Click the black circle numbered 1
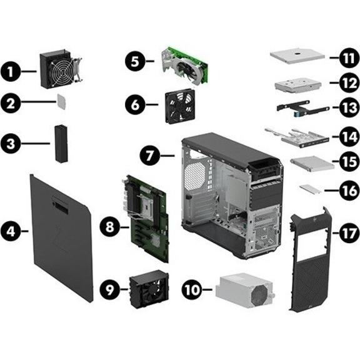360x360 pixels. click(x=11, y=72)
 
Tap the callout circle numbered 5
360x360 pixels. click(x=135, y=61)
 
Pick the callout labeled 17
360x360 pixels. click(x=349, y=234)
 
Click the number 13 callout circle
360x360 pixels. click(x=349, y=107)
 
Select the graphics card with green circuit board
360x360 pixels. click(x=185, y=67)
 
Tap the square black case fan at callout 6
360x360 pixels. click(x=180, y=106)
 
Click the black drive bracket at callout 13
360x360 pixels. click(x=302, y=107)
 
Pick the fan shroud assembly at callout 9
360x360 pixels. click(x=149, y=289)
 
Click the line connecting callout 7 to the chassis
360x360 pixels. click(x=167, y=156)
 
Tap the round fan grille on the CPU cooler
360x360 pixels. click(x=62, y=72)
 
